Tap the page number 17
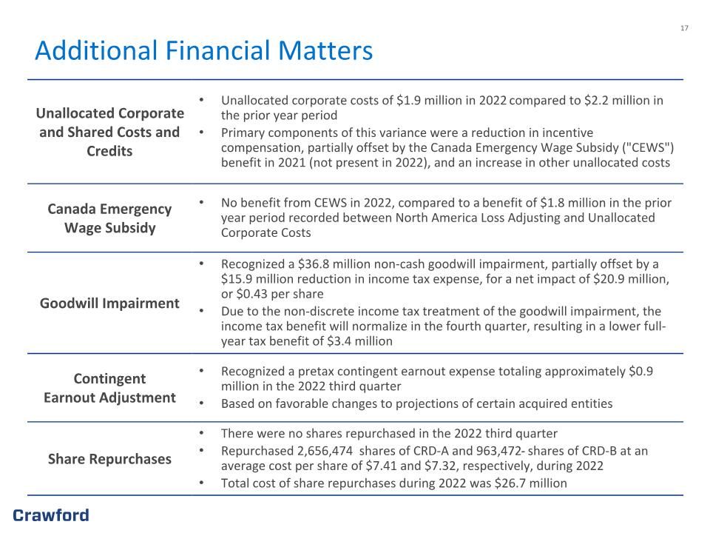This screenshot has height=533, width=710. coord(684,28)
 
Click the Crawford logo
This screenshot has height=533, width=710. coord(51,515)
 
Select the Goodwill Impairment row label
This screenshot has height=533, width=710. coord(109,304)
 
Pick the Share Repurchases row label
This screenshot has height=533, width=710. coord(109,459)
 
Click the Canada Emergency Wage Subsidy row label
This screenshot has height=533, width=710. coord(109,218)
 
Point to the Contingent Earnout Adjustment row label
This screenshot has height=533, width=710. coord(109,388)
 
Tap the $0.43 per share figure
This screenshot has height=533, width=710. coord(251,294)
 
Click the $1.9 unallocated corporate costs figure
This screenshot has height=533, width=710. coord(408,101)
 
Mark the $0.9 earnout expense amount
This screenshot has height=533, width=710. coord(640,372)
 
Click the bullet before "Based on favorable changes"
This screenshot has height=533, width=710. coord(201,403)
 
